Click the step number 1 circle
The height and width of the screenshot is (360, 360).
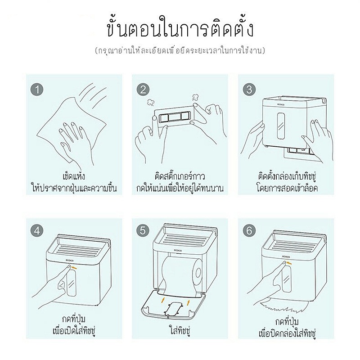click(37, 90)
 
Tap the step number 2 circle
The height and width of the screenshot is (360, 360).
click(143, 90)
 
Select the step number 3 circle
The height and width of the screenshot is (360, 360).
click(249, 90)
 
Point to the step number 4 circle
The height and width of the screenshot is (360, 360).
click(37, 230)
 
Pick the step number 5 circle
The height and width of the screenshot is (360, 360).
click(143, 230)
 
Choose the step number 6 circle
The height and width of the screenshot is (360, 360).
click(249, 230)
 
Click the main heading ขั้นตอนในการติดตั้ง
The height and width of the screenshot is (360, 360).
click(180, 29)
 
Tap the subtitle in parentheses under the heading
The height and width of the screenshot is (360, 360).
click(180, 50)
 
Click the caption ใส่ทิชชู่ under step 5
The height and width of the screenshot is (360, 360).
click(180, 331)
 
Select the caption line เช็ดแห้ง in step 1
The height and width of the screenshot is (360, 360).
click(74, 176)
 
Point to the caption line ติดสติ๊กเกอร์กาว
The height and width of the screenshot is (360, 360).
click(180, 176)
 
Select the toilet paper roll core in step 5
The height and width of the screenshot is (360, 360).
click(198, 273)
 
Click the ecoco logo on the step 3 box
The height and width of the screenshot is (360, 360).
click(280, 105)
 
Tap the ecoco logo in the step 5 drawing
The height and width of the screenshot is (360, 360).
click(178, 251)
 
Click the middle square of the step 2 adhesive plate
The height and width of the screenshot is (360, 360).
click(174, 117)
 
